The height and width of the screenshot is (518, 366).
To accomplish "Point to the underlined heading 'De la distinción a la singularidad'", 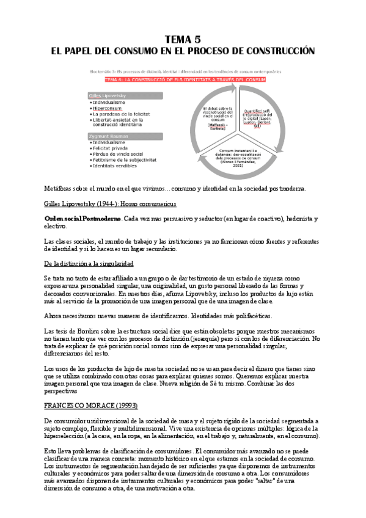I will pos(89,263).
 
